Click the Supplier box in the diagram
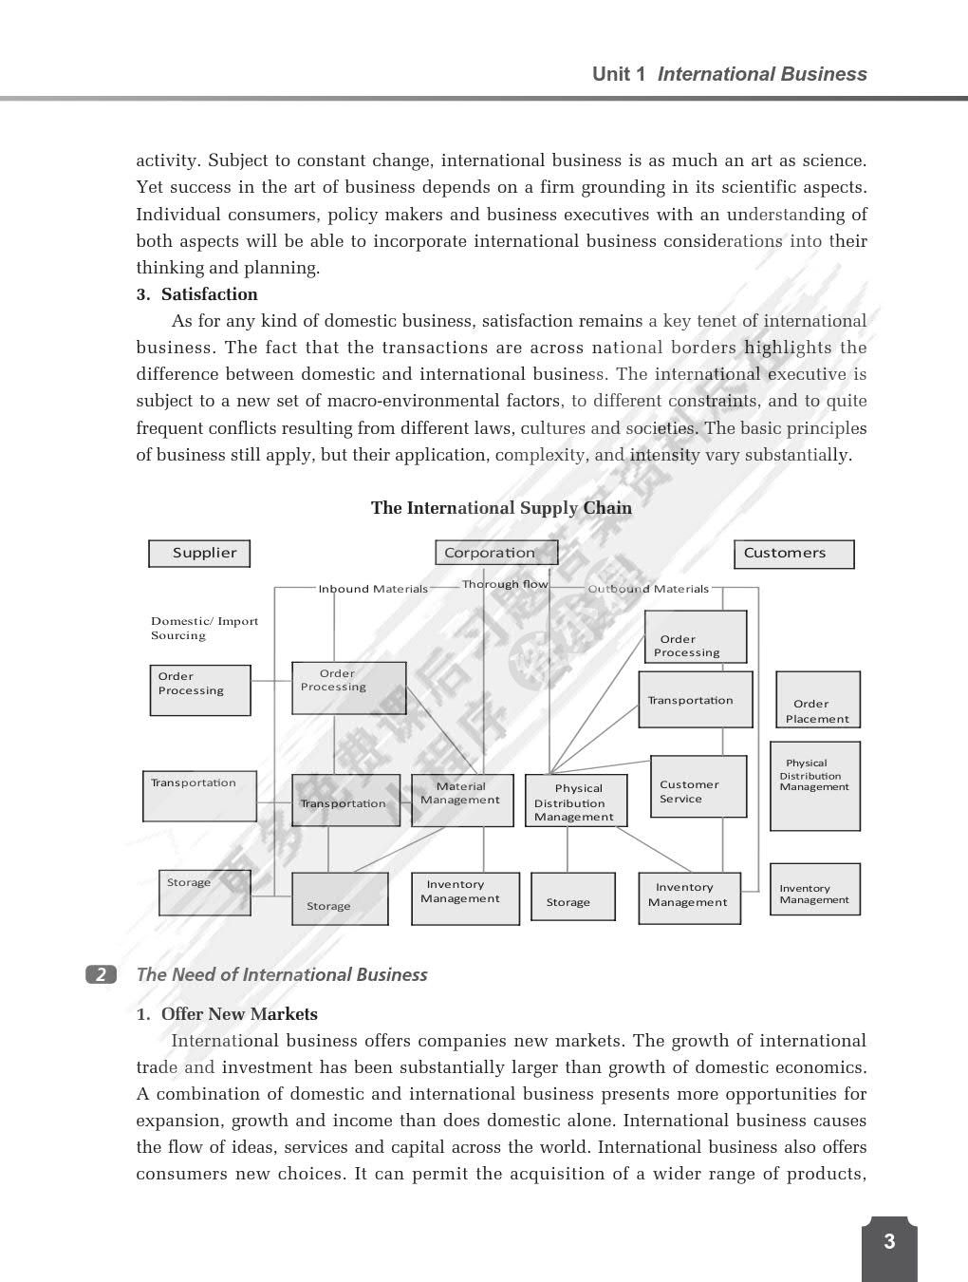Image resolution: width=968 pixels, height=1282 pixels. (x=199, y=554)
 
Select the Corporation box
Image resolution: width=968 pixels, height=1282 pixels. (x=495, y=553)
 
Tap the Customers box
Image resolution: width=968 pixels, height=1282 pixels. (x=793, y=554)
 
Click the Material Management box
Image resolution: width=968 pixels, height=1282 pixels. (x=461, y=800)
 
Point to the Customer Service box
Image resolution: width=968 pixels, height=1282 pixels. (x=698, y=786)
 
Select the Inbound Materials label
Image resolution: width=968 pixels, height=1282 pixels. (x=373, y=589)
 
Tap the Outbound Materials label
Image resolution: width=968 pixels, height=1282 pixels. (x=648, y=589)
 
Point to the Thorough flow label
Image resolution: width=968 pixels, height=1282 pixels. (x=505, y=584)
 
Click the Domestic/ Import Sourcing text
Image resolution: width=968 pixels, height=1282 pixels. (x=204, y=629)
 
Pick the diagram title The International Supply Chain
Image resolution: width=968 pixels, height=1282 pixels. (x=501, y=508)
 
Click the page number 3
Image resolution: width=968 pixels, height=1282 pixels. (x=889, y=1241)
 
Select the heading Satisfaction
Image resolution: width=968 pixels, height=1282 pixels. (x=209, y=294)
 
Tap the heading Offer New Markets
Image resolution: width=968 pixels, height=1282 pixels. (x=239, y=1014)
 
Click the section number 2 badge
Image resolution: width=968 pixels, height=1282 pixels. (x=102, y=974)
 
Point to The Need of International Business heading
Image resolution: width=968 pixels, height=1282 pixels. (x=282, y=974)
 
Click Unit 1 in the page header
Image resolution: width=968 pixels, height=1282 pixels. (x=619, y=74)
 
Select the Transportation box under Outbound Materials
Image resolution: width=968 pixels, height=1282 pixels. (x=695, y=700)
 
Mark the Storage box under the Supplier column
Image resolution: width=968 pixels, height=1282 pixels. (x=204, y=893)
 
